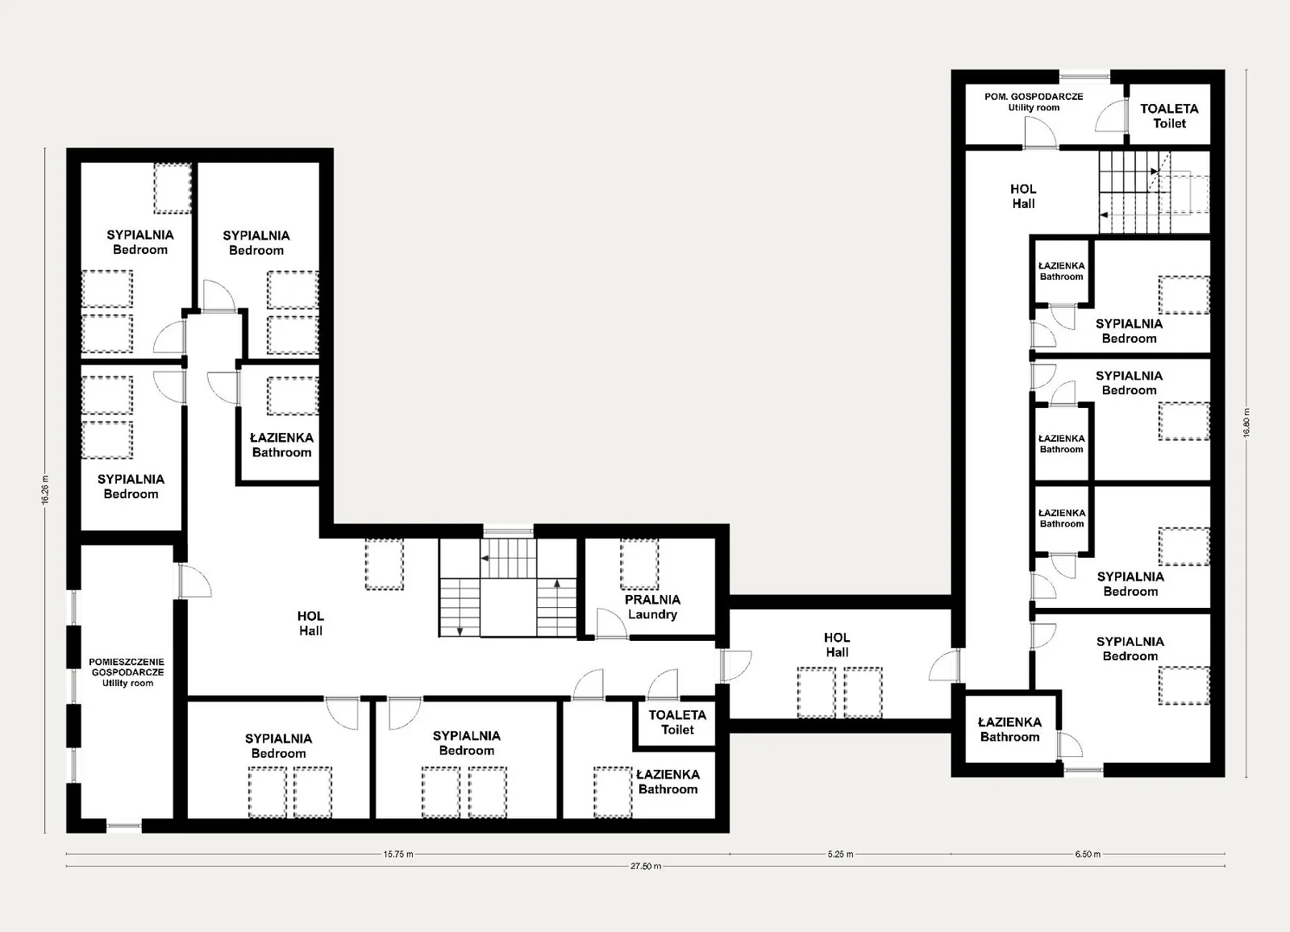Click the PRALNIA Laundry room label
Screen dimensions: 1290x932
(652, 606)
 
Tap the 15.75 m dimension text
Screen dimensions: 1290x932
(398, 855)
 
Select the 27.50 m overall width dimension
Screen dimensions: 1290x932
(646, 867)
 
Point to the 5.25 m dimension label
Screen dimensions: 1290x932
(840, 855)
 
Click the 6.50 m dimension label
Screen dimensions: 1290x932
(1088, 855)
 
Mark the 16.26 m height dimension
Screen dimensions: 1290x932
(45, 490)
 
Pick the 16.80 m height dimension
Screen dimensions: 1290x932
(1246, 423)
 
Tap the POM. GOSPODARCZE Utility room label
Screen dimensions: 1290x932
(1034, 102)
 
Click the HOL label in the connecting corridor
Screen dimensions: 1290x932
(837, 644)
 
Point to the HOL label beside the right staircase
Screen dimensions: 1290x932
(1023, 196)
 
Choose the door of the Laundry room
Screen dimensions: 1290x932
(612, 624)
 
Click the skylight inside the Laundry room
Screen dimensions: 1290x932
(639, 564)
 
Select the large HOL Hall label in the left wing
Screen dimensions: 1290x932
(310, 623)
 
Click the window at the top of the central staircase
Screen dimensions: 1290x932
(508, 530)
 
